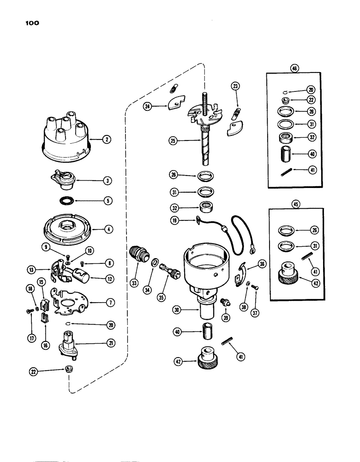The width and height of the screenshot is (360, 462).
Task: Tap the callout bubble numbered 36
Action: coord(262,264)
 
